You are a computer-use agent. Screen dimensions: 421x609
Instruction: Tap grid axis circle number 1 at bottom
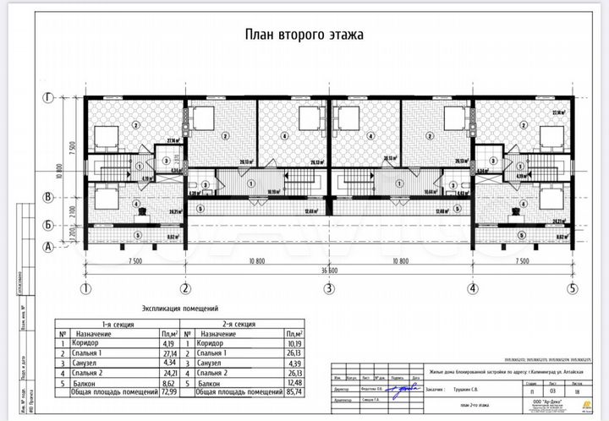(x=85, y=287)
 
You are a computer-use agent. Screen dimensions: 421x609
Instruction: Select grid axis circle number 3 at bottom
(x=328, y=287)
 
